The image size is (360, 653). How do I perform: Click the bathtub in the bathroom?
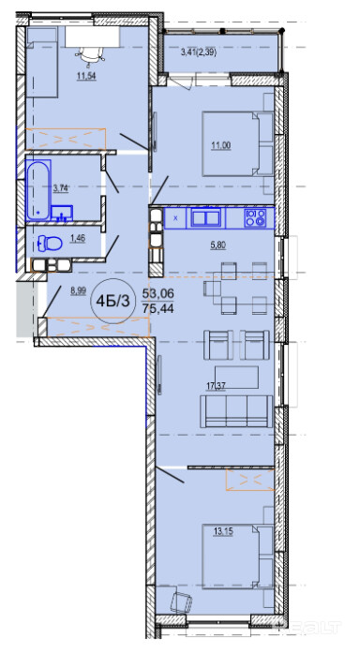point(38,190)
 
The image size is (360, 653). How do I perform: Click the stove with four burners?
point(256,217)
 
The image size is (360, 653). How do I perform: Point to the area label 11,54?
point(86,77)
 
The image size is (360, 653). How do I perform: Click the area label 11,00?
point(221,145)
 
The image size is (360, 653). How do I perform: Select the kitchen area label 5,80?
point(217,245)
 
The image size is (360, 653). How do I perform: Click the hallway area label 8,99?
point(79,291)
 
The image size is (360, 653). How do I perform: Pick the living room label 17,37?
point(217,386)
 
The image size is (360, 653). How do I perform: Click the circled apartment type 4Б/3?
point(112,301)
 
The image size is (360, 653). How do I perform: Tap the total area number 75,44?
point(157,308)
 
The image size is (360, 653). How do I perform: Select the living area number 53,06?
point(157,294)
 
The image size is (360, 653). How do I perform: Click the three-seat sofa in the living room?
point(236,411)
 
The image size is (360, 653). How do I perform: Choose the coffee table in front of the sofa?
point(236,378)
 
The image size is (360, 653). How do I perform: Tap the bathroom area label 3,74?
point(60,187)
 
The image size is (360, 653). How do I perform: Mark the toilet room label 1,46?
point(78,239)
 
